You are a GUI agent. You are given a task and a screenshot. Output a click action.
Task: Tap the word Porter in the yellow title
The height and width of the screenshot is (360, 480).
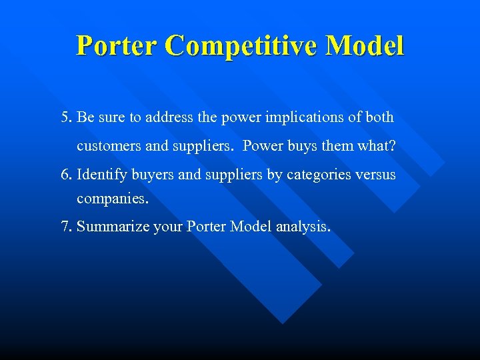pyautogui.click(x=117, y=45)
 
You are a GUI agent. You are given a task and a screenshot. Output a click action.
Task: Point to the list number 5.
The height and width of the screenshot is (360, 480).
pyautogui.click(x=65, y=118)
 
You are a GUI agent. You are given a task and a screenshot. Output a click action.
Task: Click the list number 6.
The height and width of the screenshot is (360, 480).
pyautogui.click(x=65, y=175)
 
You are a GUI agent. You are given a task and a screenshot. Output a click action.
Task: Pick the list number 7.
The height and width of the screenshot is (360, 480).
pyautogui.click(x=65, y=227)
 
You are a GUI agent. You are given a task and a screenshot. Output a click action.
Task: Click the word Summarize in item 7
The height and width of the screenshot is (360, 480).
pyautogui.click(x=113, y=227)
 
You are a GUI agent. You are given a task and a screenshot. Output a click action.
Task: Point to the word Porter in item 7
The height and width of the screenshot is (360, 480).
pyautogui.click(x=207, y=227)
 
